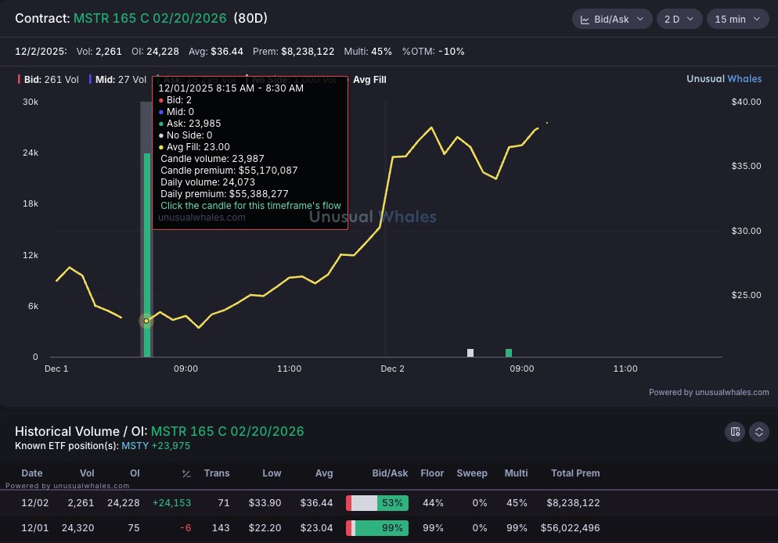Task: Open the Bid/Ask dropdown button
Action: [x=611, y=19]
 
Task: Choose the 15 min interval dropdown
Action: [x=738, y=19]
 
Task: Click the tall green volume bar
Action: [x=147, y=250]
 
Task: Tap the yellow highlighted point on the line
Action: [x=146, y=321]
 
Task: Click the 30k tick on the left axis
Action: [x=31, y=102]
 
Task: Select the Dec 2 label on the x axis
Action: [x=392, y=369]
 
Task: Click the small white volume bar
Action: [x=470, y=353]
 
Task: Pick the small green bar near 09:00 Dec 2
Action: [x=509, y=353]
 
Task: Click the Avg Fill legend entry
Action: [x=369, y=79]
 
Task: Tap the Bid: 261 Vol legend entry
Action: [x=49, y=79]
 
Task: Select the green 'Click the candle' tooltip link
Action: [x=250, y=205]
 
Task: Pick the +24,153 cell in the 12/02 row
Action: [x=172, y=502]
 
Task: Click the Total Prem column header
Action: [x=575, y=473]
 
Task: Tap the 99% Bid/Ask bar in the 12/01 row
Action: [x=377, y=528]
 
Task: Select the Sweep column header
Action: [x=472, y=473]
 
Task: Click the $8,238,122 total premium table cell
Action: [x=574, y=502]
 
